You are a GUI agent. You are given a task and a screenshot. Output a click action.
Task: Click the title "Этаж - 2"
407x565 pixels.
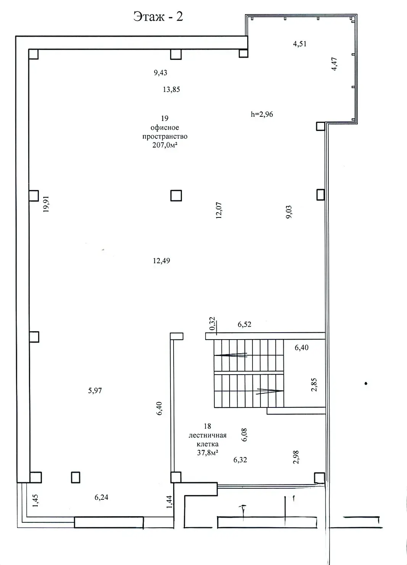158,17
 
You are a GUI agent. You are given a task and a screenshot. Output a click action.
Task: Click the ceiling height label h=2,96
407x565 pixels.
262,114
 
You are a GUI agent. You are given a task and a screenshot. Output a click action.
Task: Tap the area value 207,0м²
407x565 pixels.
165,145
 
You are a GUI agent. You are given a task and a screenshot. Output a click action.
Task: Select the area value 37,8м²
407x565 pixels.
208,453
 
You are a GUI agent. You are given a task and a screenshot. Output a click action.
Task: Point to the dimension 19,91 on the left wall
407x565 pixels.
47,206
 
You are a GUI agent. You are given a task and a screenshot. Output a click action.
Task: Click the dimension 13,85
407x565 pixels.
171,90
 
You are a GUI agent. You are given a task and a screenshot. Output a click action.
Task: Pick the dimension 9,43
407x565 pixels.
161,72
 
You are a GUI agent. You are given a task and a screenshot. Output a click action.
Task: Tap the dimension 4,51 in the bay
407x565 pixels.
299,43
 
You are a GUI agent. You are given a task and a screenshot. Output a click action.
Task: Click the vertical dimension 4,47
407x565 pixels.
334,64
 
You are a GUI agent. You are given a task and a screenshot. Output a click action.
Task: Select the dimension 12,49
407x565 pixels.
161,261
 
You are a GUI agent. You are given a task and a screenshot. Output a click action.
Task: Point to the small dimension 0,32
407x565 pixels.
212,324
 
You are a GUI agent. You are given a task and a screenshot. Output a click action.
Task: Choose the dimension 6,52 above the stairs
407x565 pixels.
245,325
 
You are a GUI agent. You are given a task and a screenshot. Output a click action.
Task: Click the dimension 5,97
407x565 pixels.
95,391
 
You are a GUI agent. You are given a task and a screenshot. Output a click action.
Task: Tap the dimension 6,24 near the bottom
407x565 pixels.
101,497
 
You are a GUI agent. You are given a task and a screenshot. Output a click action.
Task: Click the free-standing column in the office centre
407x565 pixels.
176,196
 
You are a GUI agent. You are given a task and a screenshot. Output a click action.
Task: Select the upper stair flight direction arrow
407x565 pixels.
231,355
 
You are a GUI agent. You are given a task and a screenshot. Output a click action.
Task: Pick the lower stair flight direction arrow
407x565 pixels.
270,391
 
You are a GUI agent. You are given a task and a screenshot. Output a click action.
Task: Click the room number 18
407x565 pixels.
208,426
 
